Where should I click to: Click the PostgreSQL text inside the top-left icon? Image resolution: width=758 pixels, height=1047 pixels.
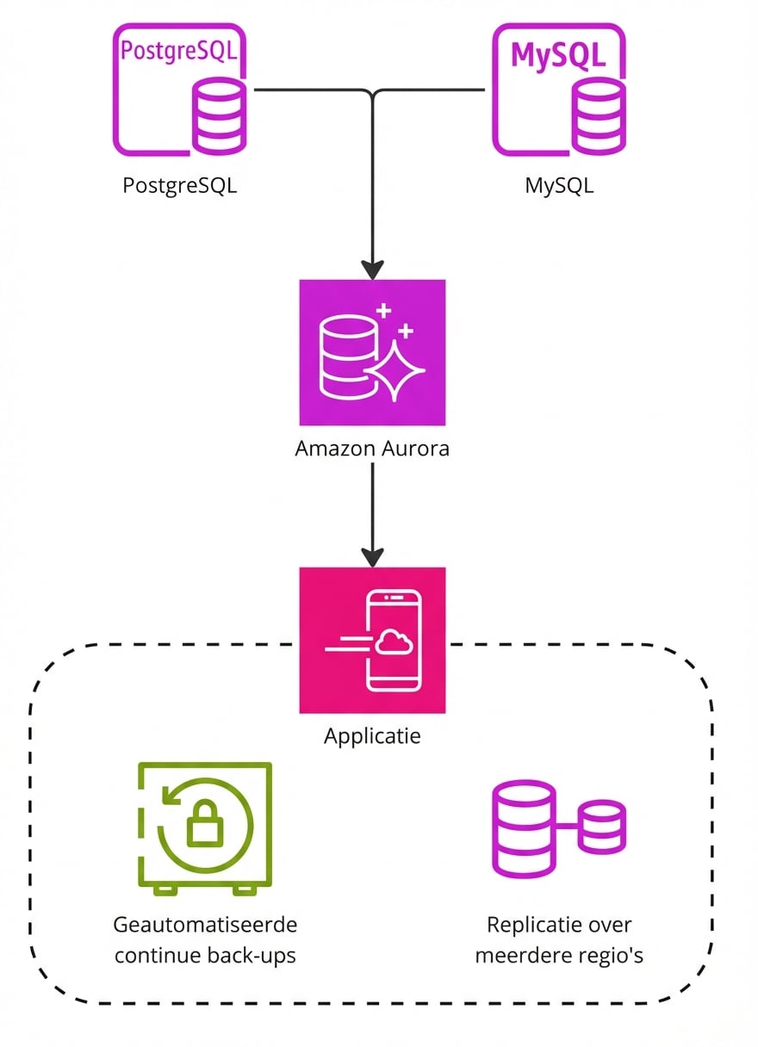click(x=178, y=51)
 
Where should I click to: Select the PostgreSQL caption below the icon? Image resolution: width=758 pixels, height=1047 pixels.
click(x=179, y=185)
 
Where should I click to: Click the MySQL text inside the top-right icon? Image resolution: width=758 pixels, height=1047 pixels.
click(x=558, y=53)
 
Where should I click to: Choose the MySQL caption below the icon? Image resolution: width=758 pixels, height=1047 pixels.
click(x=559, y=185)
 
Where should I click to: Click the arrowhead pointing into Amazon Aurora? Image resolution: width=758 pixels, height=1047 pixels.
click(x=372, y=269)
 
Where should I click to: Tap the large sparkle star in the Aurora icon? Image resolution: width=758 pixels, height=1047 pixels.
click(x=395, y=369)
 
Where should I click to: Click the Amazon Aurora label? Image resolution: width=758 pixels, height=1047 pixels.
click(x=372, y=449)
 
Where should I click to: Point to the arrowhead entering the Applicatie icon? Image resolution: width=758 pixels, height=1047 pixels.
click(x=372, y=556)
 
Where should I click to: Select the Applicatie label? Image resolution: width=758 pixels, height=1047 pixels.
click(x=372, y=736)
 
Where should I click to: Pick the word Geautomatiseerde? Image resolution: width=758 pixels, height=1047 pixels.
click(x=205, y=925)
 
